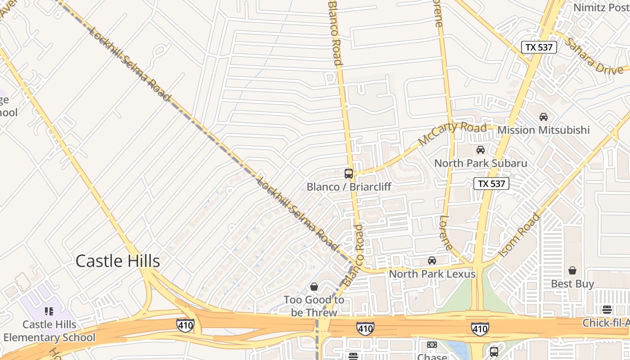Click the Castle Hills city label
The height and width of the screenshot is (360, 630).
point(117,261)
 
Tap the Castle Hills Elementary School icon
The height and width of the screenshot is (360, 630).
point(49,311)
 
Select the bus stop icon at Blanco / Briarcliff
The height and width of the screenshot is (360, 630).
point(348,173)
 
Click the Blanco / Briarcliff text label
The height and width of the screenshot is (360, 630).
point(349,186)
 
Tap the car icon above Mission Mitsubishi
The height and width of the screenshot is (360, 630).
point(544,117)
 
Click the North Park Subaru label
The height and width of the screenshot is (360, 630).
point(480,163)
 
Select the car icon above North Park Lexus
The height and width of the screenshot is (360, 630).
point(432,261)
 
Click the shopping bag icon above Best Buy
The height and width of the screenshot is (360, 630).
point(572,270)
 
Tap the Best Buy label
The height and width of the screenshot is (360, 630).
point(572,284)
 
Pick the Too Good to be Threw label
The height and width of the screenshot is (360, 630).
point(314,306)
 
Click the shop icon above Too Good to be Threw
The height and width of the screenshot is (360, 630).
point(314,287)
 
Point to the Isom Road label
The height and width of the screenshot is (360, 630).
point(519,235)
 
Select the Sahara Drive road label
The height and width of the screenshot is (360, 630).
point(594,55)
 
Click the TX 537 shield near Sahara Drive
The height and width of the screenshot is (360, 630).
point(539,47)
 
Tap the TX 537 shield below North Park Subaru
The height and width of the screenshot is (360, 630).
point(491,184)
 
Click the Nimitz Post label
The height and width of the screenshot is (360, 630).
point(601,8)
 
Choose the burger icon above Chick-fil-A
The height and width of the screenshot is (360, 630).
point(607,310)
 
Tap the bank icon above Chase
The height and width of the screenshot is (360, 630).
point(432,345)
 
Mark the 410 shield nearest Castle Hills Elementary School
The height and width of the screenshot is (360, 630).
point(185,325)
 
